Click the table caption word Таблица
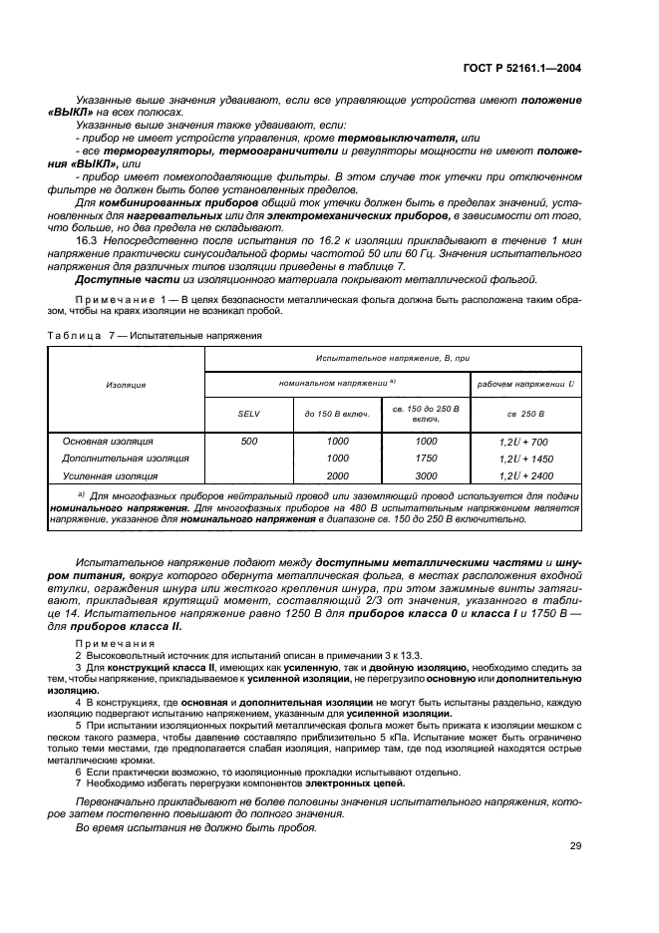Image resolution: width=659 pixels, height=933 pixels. click(76, 336)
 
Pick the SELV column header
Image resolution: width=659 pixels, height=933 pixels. click(247, 414)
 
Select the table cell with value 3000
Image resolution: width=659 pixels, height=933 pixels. click(426, 476)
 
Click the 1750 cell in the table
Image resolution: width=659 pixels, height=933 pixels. click(426, 459)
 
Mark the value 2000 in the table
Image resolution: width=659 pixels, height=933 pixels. click(337, 476)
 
